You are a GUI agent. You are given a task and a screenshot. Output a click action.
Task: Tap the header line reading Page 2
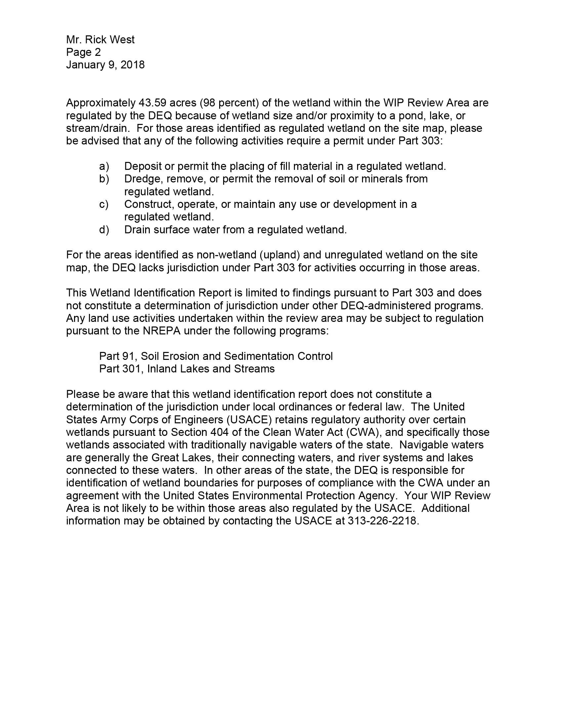pos(83,52)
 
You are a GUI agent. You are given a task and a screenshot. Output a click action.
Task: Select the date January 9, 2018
pos(105,64)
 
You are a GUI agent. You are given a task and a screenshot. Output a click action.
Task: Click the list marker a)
pos(104,166)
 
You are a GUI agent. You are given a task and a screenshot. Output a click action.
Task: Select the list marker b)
pos(104,179)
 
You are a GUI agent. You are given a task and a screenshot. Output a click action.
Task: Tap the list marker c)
pos(104,204)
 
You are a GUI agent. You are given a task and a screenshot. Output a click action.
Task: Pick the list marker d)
pos(104,230)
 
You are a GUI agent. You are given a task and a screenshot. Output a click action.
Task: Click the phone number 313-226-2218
pos(382,520)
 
